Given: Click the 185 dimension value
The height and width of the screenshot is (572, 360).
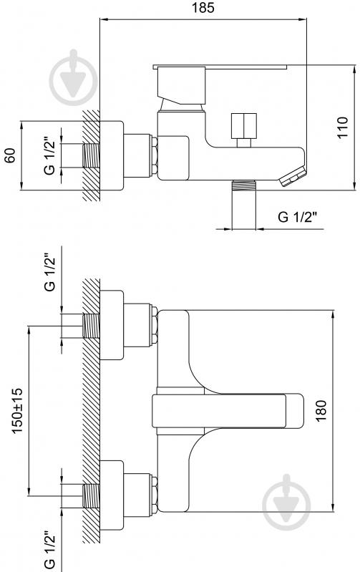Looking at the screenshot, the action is pos(203,8).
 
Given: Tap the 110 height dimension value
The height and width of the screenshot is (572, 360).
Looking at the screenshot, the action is pos(343,127).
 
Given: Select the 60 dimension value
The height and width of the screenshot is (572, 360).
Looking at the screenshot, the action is pos(10,155).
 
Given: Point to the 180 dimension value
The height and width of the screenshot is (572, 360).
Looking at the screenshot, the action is pos(321,411).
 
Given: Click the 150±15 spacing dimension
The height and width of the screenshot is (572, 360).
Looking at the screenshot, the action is pos(17,411).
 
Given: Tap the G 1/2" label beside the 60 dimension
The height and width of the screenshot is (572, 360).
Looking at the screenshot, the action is pos(49,155).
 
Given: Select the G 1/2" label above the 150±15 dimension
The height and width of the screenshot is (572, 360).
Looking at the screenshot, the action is pos(49,272).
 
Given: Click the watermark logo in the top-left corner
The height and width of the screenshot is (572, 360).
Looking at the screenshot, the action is pos(73,77).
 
